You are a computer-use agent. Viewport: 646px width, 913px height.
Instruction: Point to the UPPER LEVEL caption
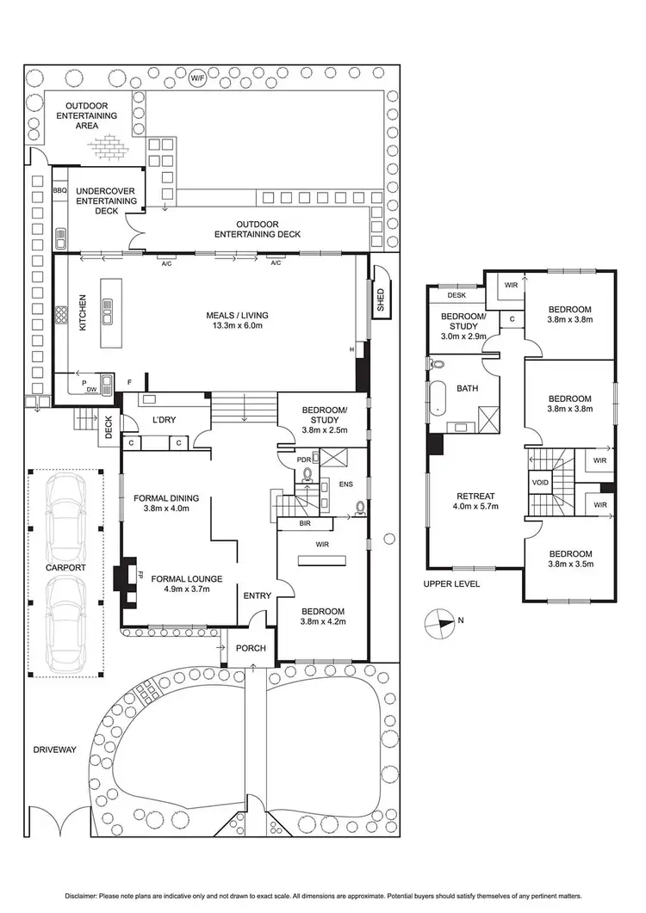coord(451,584)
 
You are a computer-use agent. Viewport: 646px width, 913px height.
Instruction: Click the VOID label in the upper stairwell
coord(541,483)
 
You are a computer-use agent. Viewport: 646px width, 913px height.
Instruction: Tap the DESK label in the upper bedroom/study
coord(456,295)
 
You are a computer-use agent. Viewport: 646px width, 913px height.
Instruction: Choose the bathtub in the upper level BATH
coord(438,398)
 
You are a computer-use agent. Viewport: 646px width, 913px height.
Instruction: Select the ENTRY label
coord(257,596)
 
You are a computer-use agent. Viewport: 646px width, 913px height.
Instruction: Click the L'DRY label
coord(164,420)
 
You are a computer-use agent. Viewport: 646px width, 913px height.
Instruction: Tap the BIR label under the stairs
coord(305,522)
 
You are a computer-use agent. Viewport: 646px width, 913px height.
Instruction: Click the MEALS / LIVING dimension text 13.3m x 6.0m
coord(233,326)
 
